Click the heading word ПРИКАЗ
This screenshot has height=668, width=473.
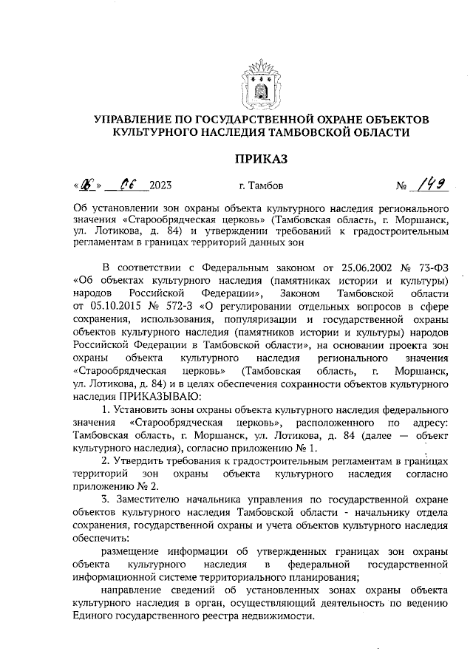point(260,158)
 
